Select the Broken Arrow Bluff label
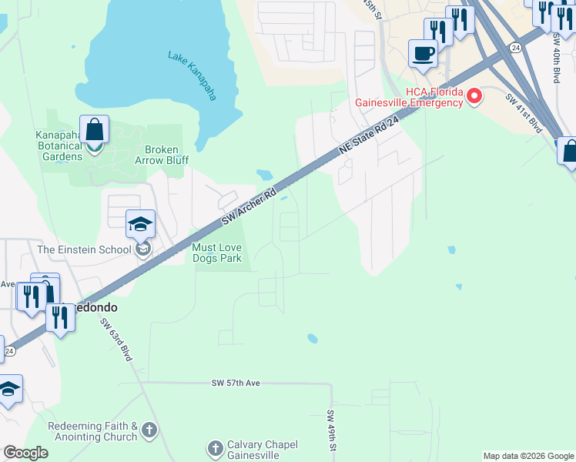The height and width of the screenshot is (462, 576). [x=162, y=155]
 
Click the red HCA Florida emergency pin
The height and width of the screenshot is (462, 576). [x=474, y=97]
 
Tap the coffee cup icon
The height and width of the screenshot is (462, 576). [x=423, y=53]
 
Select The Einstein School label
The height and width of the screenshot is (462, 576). [x=85, y=249]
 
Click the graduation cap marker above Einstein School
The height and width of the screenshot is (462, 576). [x=141, y=224]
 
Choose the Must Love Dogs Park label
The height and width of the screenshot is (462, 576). [x=216, y=253]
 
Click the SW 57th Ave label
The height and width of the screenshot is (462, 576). [x=237, y=383]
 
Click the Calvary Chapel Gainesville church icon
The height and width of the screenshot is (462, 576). [x=216, y=447]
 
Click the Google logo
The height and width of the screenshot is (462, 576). [x=25, y=453]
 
